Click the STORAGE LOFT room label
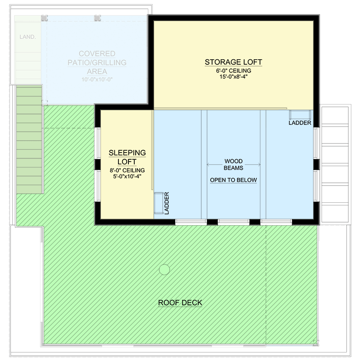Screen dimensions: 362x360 click(233, 62)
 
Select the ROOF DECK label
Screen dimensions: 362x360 click(180, 303)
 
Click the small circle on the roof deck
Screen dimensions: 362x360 click(164, 269)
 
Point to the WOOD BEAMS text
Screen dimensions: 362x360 click(233, 164)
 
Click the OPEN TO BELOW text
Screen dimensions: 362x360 click(233, 180)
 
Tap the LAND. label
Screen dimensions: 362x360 click(28, 37)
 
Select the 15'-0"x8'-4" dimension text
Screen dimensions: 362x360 click(233, 77)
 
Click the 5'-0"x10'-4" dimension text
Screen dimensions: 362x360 click(127, 176)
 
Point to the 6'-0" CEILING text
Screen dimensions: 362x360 click(233, 71)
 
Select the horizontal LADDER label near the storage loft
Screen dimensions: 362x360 click(299, 123)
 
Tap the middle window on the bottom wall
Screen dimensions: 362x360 click(233, 222)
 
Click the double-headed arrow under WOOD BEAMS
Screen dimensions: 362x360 click(233, 164)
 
